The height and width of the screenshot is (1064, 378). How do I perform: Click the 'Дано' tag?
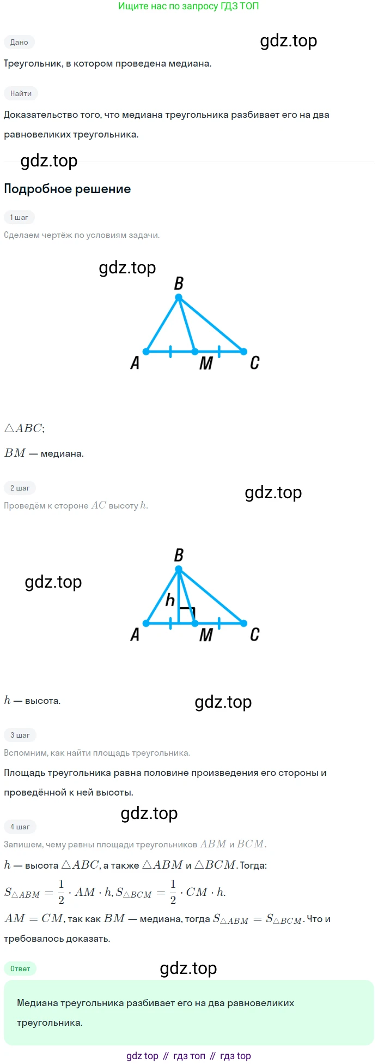tap(19, 42)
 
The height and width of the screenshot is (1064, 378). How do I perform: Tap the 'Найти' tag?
tap(21, 93)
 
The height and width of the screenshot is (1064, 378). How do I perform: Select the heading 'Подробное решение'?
tap(68, 189)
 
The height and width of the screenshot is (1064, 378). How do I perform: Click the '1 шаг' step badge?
tap(19, 217)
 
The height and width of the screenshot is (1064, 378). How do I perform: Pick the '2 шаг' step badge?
tap(20, 488)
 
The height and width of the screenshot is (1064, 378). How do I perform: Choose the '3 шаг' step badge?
tap(20, 735)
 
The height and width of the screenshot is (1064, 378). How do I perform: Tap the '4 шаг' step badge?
tap(20, 827)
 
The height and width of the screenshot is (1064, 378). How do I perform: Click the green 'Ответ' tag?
tap(20, 969)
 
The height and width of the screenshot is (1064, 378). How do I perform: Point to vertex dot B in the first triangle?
tap(179, 297)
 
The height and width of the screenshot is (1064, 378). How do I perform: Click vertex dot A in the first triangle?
tap(146, 351)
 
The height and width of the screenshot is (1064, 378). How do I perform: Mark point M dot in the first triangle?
tap(194, 351)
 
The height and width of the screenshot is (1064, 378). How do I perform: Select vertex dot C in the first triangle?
tap(243, 351)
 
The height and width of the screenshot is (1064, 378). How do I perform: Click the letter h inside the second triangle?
tap(170, 600)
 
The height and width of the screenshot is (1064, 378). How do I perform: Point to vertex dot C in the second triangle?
tap(243, 623)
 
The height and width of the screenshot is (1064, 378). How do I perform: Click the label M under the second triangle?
tap(206, 635)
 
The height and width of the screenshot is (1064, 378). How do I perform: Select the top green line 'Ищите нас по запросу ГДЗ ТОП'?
tap(188, 7)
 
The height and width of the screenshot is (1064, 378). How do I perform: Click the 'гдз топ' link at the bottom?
tap(189, 1056)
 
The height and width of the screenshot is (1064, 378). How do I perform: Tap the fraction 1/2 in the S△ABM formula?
tap(61, 892)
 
